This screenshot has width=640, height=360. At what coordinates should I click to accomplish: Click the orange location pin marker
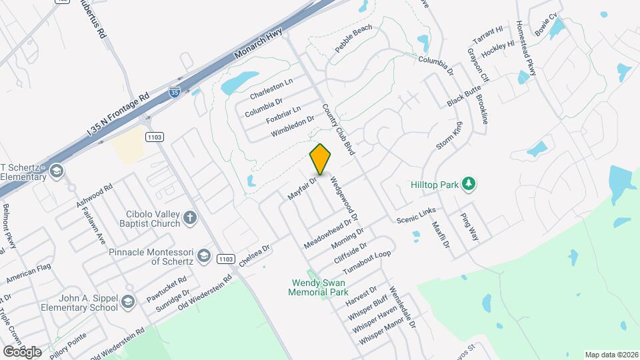point(321,160)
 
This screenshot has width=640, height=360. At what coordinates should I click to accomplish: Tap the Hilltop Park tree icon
point(469,183)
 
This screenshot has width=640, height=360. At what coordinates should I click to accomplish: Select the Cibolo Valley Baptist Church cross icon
point(190,217)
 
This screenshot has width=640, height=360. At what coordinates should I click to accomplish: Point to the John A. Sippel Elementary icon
point(127,305)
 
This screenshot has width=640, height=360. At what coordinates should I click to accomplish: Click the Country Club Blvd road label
point(337,129)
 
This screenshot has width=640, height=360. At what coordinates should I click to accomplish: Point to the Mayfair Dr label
point(302,188)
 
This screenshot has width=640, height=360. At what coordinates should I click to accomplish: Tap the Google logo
point(21,351)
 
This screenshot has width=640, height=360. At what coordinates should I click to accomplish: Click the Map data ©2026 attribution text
point(611,355)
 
